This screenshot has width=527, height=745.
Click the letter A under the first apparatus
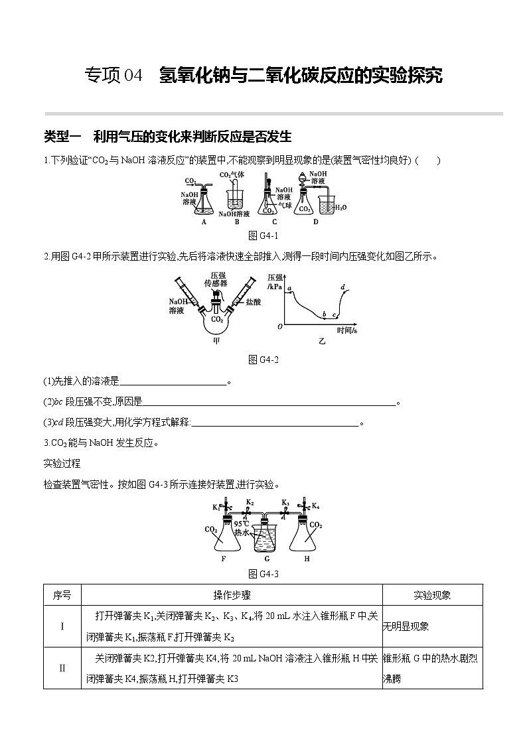(204, 222)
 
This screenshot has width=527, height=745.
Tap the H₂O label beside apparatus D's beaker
(339, 207)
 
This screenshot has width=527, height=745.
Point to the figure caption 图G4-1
(263, 236)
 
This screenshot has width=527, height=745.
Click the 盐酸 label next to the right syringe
(253, 301)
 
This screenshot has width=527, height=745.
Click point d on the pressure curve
(342, 287)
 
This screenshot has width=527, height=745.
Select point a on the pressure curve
(290, 288)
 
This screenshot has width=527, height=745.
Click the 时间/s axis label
(346, 330)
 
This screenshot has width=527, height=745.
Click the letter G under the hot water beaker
(265, 559)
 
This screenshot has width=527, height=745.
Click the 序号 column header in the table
(62, 595)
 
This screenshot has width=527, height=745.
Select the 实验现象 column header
(432, 595)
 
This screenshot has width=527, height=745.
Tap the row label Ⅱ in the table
(62, 668)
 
